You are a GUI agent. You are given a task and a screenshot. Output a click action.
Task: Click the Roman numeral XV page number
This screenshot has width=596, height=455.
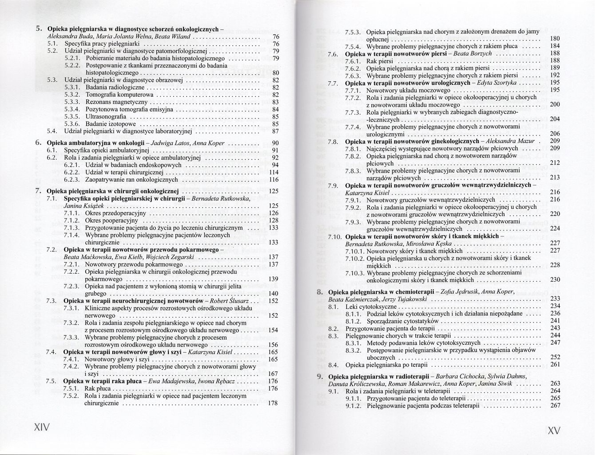coord(554,431)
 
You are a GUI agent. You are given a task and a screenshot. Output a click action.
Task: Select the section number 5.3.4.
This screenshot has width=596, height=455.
coord(72,109)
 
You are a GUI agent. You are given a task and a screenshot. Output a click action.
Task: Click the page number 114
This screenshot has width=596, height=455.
coord(274,172)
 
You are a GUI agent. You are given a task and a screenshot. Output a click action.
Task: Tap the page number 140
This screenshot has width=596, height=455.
coord(274,294)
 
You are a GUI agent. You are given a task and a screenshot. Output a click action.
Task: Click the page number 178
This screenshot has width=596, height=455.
coord(274,403)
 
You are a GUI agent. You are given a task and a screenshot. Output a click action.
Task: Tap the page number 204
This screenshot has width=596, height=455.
coord(555,119)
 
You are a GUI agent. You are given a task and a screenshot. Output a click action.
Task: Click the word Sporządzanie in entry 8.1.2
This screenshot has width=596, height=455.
coord(384,321)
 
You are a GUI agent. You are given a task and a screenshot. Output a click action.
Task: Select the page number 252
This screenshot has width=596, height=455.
coord(555,357)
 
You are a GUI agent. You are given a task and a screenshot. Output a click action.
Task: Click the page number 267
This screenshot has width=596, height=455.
coord(555,405)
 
